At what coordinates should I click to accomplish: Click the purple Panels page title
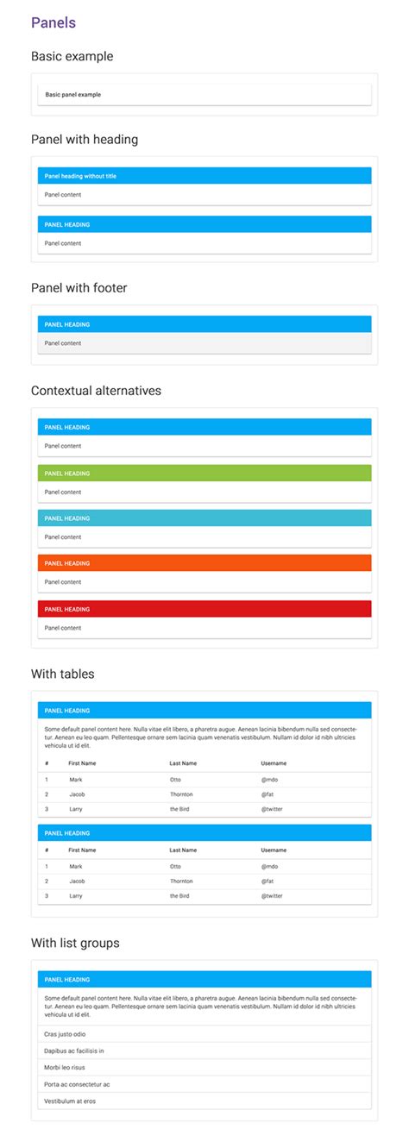coord(53,23)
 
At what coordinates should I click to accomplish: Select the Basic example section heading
coord(72,57)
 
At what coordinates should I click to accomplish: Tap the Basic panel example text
coord(72,94)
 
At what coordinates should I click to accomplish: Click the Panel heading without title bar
coord(204,176)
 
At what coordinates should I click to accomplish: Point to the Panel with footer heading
coord(79,288)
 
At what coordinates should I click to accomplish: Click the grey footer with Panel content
coord(204,343)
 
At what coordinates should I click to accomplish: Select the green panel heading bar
coord(204,473)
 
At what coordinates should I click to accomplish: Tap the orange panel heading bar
coord(204,563)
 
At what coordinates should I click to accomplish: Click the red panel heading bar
coord(204,609)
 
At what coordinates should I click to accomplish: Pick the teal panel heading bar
coord(204,518)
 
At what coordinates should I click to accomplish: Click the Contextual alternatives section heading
coord(96,391)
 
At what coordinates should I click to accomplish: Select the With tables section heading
coord(63,674)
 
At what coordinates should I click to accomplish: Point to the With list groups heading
coord(75,944)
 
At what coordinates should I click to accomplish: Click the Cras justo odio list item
coord(65,1033)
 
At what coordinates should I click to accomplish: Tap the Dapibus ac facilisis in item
coord(74,1051)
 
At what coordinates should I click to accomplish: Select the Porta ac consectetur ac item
coord(77,1084)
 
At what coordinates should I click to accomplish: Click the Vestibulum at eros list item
coord(70,1101)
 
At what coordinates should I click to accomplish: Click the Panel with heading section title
coord(85,139)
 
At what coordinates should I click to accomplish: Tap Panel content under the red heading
coord(63,628)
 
